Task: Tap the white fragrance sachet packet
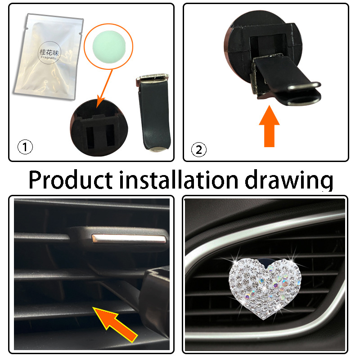point(47,56)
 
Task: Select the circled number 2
point(198,149)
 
